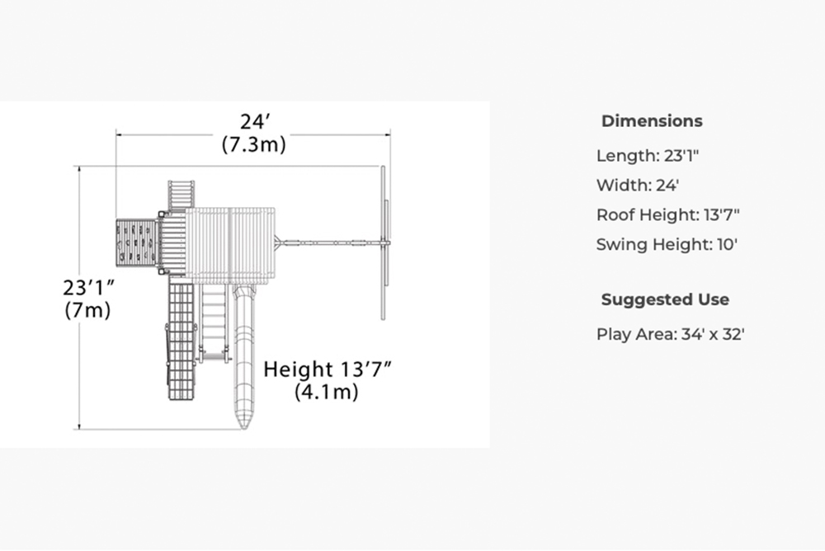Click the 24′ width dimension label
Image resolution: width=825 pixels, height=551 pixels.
pos(255,121)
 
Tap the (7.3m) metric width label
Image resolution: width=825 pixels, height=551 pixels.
pos(254,144)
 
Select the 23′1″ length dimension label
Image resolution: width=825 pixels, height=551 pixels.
pos(88,288)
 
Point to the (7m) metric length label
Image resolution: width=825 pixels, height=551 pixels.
pos(88,310)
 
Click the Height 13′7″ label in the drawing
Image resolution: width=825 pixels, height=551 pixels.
pos(328,370)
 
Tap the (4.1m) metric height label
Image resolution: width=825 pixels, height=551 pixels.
pos(327,392)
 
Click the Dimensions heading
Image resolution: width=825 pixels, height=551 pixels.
pos(652,121)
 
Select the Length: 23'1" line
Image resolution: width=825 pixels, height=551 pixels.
pos(648,156)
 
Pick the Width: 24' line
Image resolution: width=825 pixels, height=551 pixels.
pos(638,186)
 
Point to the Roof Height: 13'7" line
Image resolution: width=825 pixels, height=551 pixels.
pos(668,214)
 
